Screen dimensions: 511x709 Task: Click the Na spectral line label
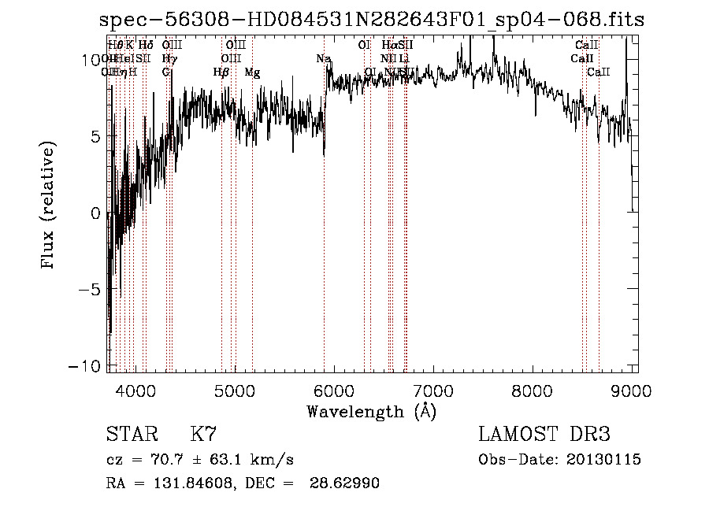coord(323,59)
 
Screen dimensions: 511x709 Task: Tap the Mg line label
coord(252,72)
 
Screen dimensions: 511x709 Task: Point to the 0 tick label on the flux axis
coord(95,213)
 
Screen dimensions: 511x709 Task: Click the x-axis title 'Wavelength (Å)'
coord(371,411)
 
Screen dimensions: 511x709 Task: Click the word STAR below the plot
coord(131,435)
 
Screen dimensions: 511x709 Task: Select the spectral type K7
coord(203,435)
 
